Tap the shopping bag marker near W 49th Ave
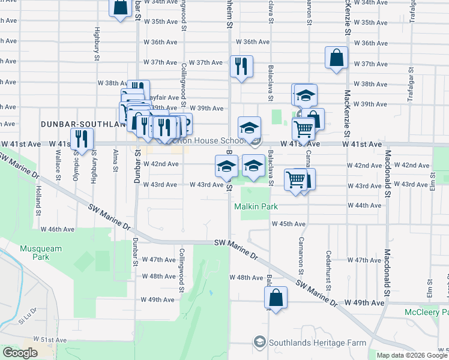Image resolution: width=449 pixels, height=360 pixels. click(276, 298)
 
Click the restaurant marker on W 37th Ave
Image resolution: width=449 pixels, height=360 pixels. click(241, 67)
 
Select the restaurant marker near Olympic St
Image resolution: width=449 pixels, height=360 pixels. click(83, 140)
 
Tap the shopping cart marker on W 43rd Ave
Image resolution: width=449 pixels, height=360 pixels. click(296, 179)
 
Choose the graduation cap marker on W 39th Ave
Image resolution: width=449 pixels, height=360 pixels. click(306, 95)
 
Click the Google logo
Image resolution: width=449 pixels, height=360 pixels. click(19, 353)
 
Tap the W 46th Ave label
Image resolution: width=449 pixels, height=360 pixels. click(61, 229)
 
